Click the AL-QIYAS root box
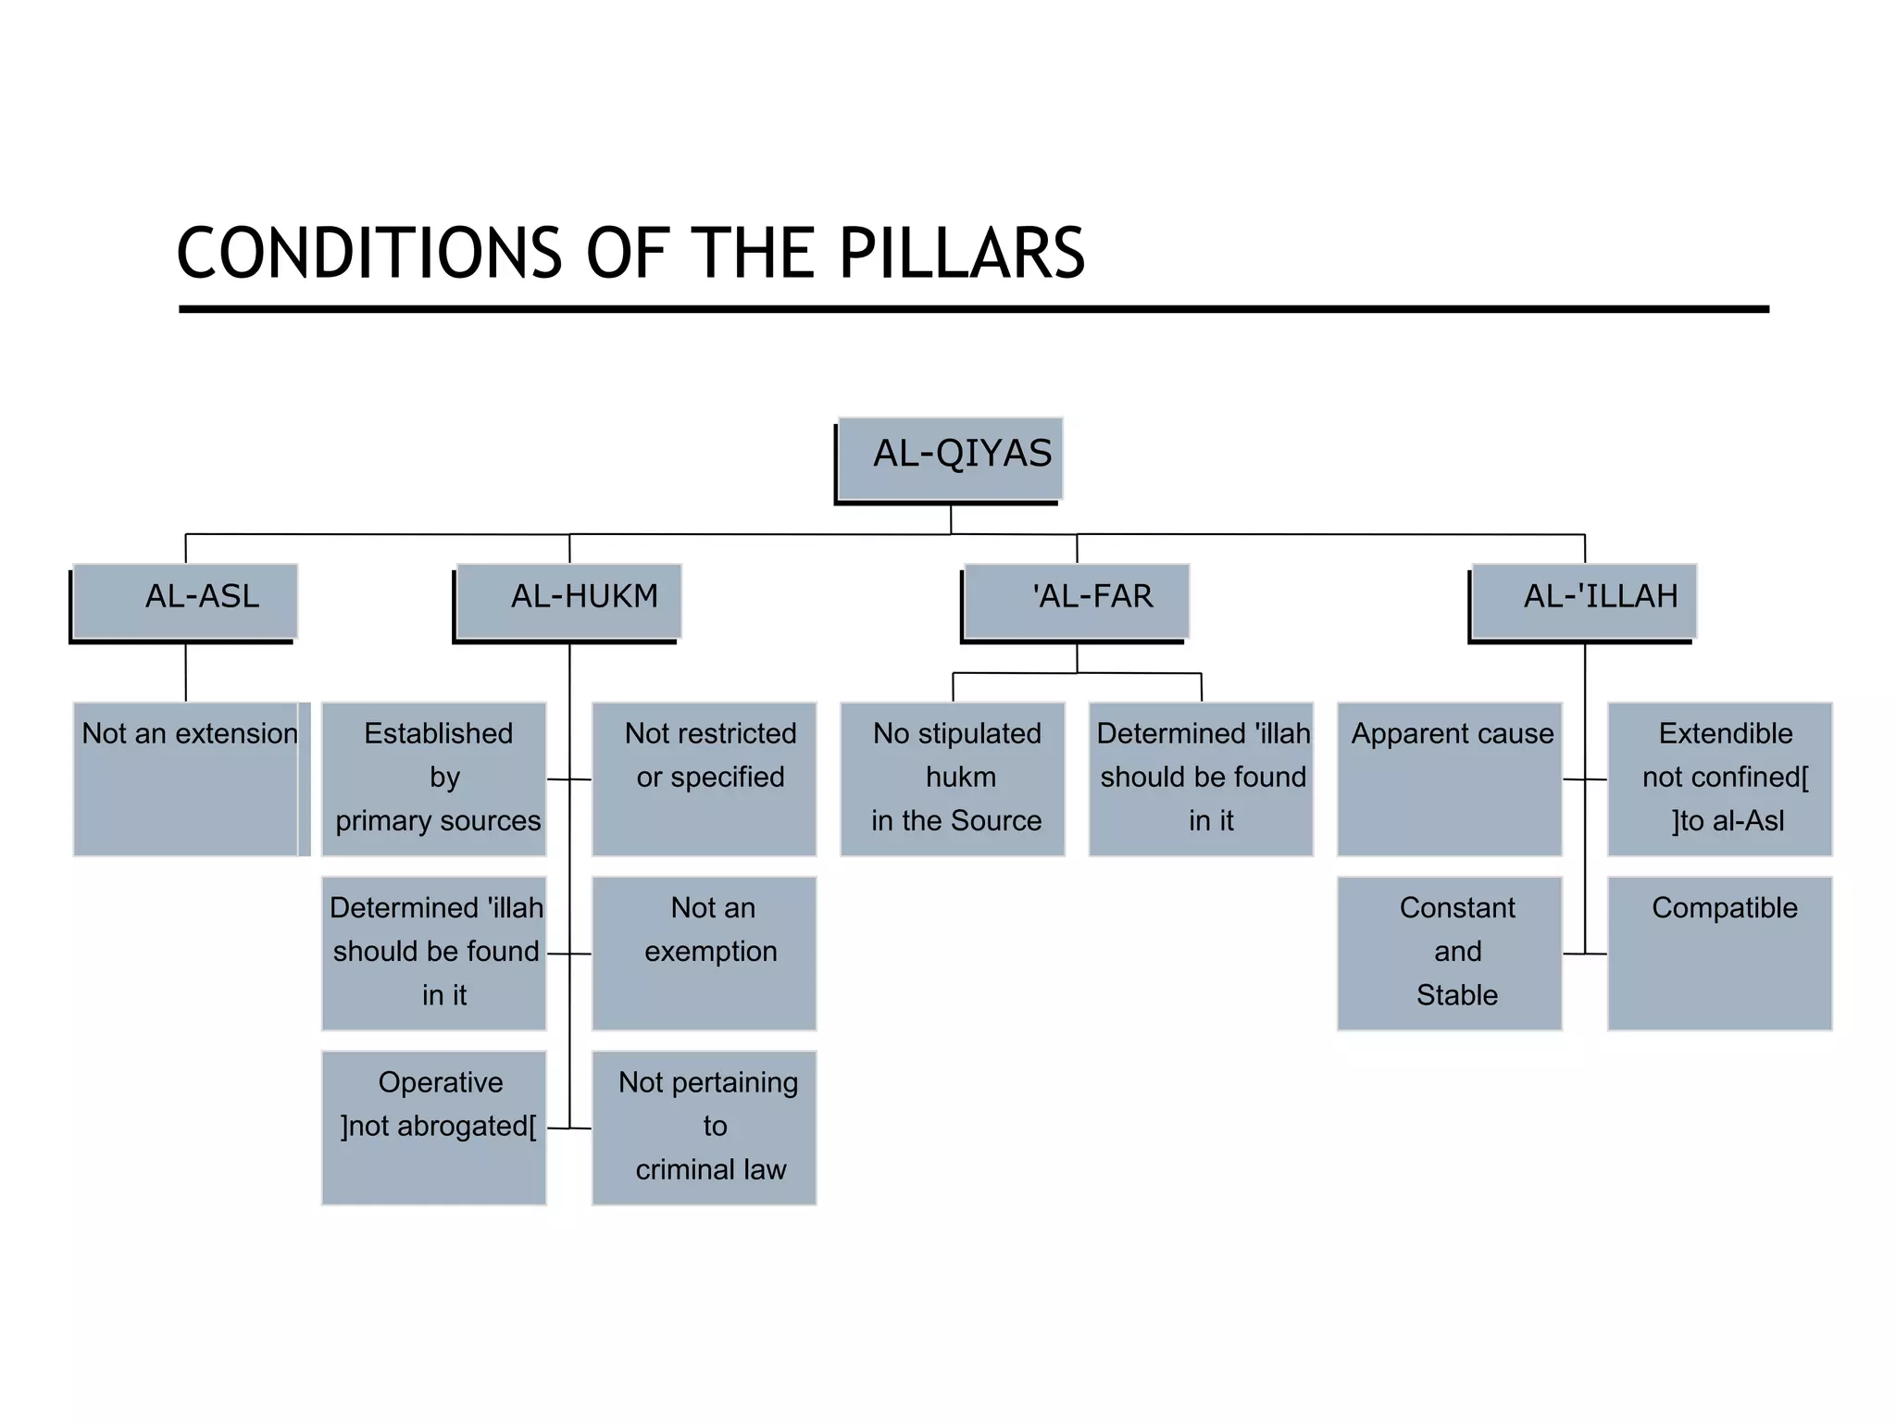tap(950, 458)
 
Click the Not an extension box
tap(189, 779)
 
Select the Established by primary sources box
tap(433, 779)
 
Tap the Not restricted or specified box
tap(704, 779)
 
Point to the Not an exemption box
tap(704, 953)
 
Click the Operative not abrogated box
tap(433, 1127)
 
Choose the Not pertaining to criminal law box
tap(704, 1127)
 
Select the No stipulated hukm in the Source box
tap(953, 779)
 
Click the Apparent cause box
tap(1449, 779)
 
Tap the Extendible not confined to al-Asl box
tap(1719, 779)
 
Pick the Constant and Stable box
tap(1449, 953)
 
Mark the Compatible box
tap(1719, 953)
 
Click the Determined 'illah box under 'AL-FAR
tap(1201, 779)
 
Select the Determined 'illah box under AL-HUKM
tap(433, 953)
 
